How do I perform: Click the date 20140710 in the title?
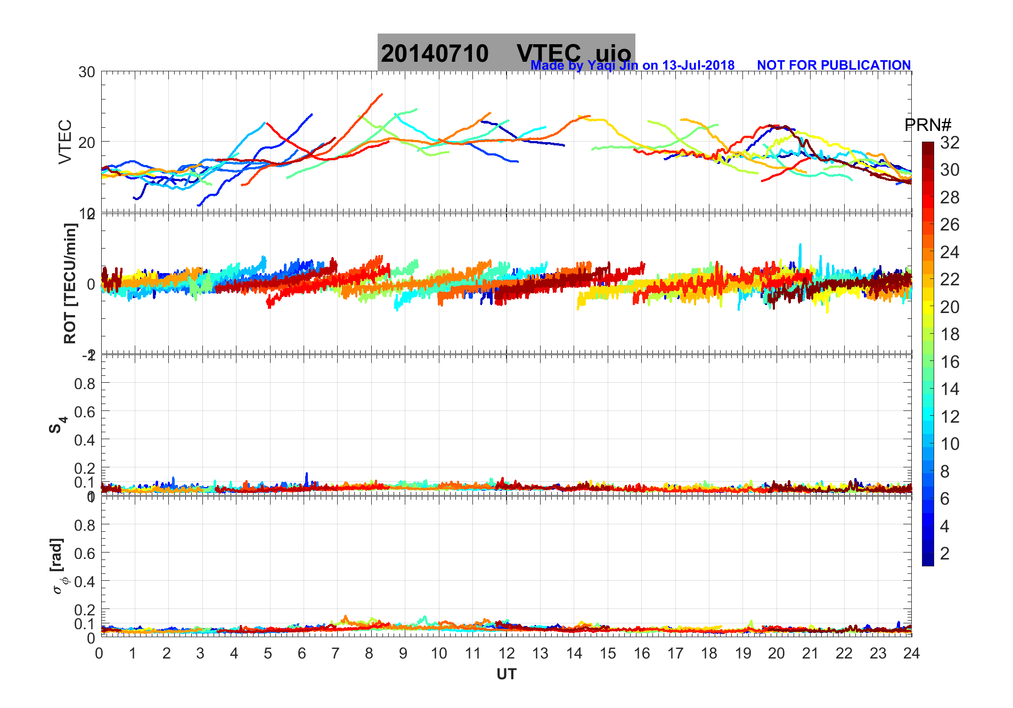[x=435, y=54]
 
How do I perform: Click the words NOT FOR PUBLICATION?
[x=834, y=65]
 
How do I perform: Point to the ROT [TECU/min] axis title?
[x=70, y=283]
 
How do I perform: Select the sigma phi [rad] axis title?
[x=59, y=566]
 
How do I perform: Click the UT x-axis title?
[x=506, y=674]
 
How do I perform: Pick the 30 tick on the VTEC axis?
[x=87, y=72]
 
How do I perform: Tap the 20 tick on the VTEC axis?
[x=87, y=142]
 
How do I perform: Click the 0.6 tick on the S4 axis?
[x=85, y=411]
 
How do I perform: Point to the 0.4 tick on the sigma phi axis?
[x=85, y=581]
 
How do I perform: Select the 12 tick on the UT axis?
[x=506, y=653]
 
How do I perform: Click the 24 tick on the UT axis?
[x=911, y=653]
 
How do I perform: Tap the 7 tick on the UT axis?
[x=336, y=653]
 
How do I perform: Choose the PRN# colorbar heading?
[x=927, y=125]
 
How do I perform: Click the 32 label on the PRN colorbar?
[x=950, y=142]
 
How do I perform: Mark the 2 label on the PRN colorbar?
[x=945, y=554]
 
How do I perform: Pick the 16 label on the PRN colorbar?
[x=950, y=362]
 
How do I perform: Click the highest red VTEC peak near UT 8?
[x=381, y=95]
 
